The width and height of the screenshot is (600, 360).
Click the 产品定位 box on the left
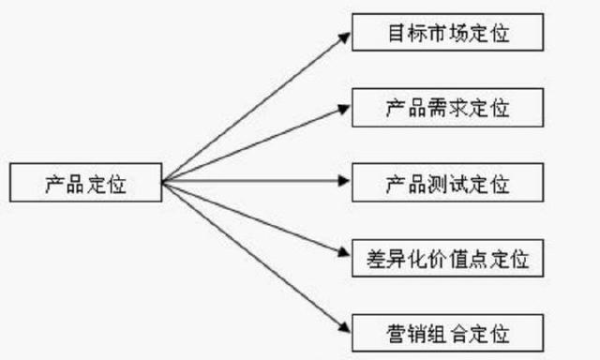point(83,183)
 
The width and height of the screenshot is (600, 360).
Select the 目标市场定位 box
point(446,33)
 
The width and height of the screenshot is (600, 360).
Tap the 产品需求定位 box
point(446,106)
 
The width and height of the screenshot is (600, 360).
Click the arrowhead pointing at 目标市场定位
point(342,37)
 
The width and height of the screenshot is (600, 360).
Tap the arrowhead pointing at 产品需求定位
point(342,108)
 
